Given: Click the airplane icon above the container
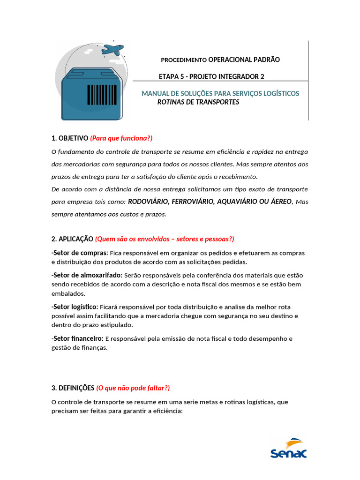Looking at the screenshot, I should coord(112,49).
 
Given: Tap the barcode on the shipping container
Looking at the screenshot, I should coord(102,94).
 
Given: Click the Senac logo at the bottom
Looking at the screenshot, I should coord(288,448).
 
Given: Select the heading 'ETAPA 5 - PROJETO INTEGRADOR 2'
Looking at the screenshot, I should coord(211,76).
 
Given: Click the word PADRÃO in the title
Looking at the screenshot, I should coord(260,60).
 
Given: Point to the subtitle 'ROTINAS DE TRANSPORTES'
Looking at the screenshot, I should coord(198,102).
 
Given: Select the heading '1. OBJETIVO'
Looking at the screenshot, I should coord(69,138).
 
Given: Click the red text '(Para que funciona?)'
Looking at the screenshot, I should coord(121,138).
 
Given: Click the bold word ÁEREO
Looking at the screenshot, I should coord(279,202).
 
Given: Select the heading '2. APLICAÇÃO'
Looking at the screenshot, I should coord(72,239).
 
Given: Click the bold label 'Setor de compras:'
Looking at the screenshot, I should coord(80,253).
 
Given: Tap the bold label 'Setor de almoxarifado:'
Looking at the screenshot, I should coord(87,275).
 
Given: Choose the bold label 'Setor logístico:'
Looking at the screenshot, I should coord(75,307).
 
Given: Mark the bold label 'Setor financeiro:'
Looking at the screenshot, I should coord(77,338).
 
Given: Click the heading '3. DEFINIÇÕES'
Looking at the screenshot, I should coord(73,388).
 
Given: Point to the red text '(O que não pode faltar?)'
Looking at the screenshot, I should coord(133,388).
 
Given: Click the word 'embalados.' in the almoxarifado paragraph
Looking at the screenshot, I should coord(68,293).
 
